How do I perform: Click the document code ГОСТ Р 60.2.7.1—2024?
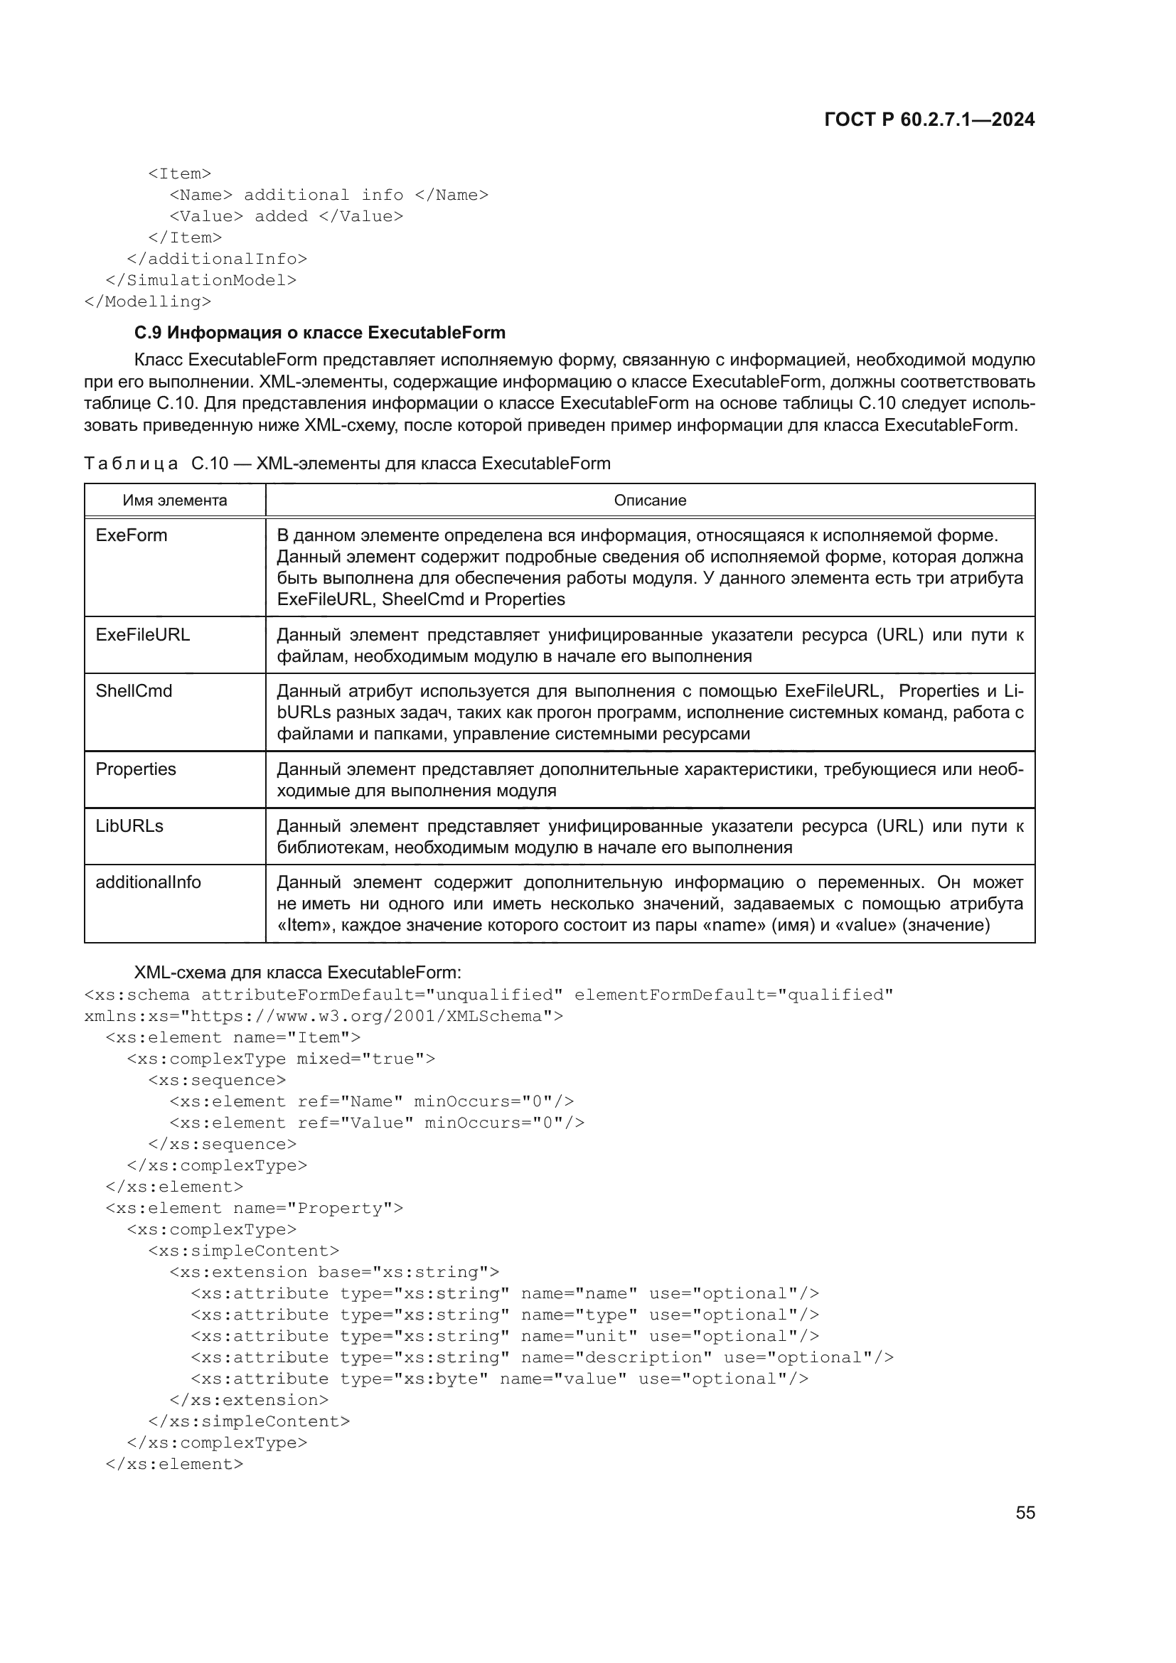pyautogui.click(x=929, y=119)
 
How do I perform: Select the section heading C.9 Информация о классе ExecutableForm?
pyautogui.click(x=319, y=333)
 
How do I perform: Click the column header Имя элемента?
pyautogui.click(x=174, y=501)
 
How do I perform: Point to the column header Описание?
pyautogui.click(x=650, y=501)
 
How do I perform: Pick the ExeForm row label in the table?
pyautogui.click(x=131, y=535)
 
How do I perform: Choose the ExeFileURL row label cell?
pyautogui.click(x=143, y=634)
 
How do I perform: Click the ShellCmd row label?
pyautogui.click(x=134, y=691)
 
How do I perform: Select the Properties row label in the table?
pyautogui.click(x=135, y=769)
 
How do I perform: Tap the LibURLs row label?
pyautogui.click(x=129, y=825)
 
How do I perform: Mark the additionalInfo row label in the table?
pyautogui.click(x=149, y=882)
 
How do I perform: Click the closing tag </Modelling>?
pyautogui.click(x=148, y=301)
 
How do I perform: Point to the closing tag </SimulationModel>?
pyautogui.click(x=201, y=280)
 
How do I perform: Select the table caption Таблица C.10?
pyautogui.click(x=347, y=464)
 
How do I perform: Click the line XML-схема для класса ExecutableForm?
pyautogui.click(x=298, y=972)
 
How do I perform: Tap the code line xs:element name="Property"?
pyautogui.click(x=254, y=1208)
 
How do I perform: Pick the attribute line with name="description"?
pyautogui.click(x=542, y=1357)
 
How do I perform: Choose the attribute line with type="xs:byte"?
pyautogui.click(x=500, y=1379)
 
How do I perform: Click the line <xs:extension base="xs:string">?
pyautogui.click(x=334, y=1272)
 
